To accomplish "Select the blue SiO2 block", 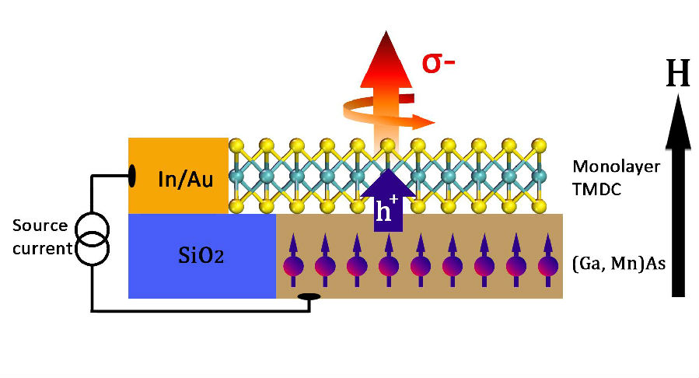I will tap(201, 256).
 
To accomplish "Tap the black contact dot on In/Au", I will tap(132, 176).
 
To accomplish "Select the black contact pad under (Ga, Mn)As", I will tap(309, 296).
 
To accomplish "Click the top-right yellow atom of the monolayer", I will tap(539, 145).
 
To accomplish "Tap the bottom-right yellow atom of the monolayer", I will tap(540, 206).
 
